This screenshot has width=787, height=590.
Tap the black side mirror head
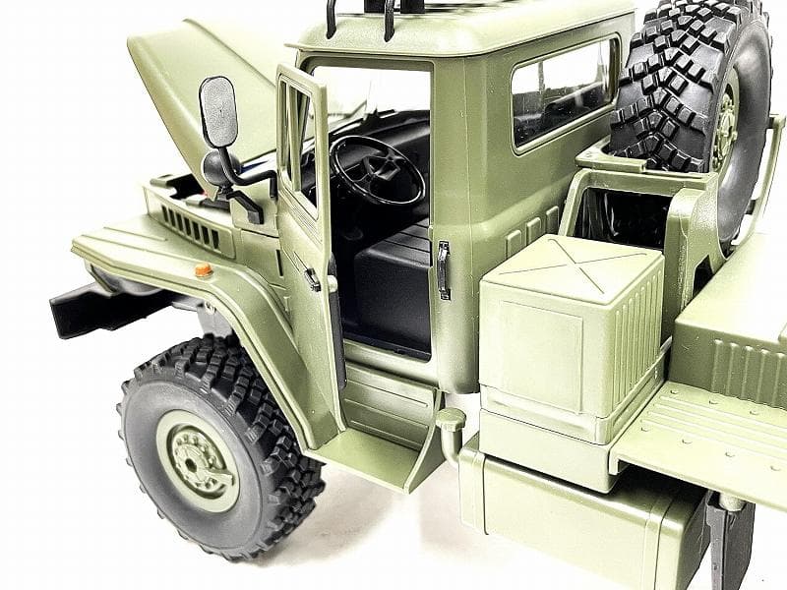(218, 111)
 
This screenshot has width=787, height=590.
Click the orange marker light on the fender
(203, 269)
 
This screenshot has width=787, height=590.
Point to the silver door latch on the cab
(443, 269)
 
